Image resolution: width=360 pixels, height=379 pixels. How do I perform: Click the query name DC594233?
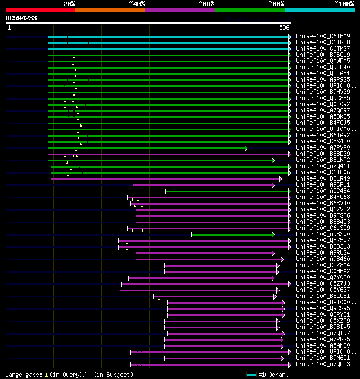tap(21, 18)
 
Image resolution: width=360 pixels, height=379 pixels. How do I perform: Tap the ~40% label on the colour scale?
tap(137, 4)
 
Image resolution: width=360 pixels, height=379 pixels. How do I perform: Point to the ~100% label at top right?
tap(344, 4)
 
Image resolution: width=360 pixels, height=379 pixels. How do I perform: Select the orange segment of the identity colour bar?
tap(110, 10)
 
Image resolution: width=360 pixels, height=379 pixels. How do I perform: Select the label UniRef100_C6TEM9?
tap(323, 37)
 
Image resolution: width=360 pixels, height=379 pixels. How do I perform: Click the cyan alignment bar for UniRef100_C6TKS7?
tap(169, 49)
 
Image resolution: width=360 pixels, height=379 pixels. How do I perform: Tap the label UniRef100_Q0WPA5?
tap(323, 61)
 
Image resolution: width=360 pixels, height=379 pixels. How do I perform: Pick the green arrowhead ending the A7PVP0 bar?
tap(246, 148)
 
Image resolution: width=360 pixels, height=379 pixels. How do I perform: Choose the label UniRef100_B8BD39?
tap(323, 154)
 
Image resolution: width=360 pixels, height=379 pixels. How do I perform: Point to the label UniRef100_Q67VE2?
tap(323, 210)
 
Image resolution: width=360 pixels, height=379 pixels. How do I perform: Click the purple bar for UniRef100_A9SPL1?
tap(202, 185)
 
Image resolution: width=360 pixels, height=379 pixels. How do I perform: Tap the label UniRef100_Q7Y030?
tap(323, 278)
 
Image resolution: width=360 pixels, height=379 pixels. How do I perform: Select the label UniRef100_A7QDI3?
tap(323, 364)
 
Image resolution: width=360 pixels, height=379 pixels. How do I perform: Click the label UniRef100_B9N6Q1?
tap(323, 358)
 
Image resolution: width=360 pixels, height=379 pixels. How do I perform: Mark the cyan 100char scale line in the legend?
tap(251, 375)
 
